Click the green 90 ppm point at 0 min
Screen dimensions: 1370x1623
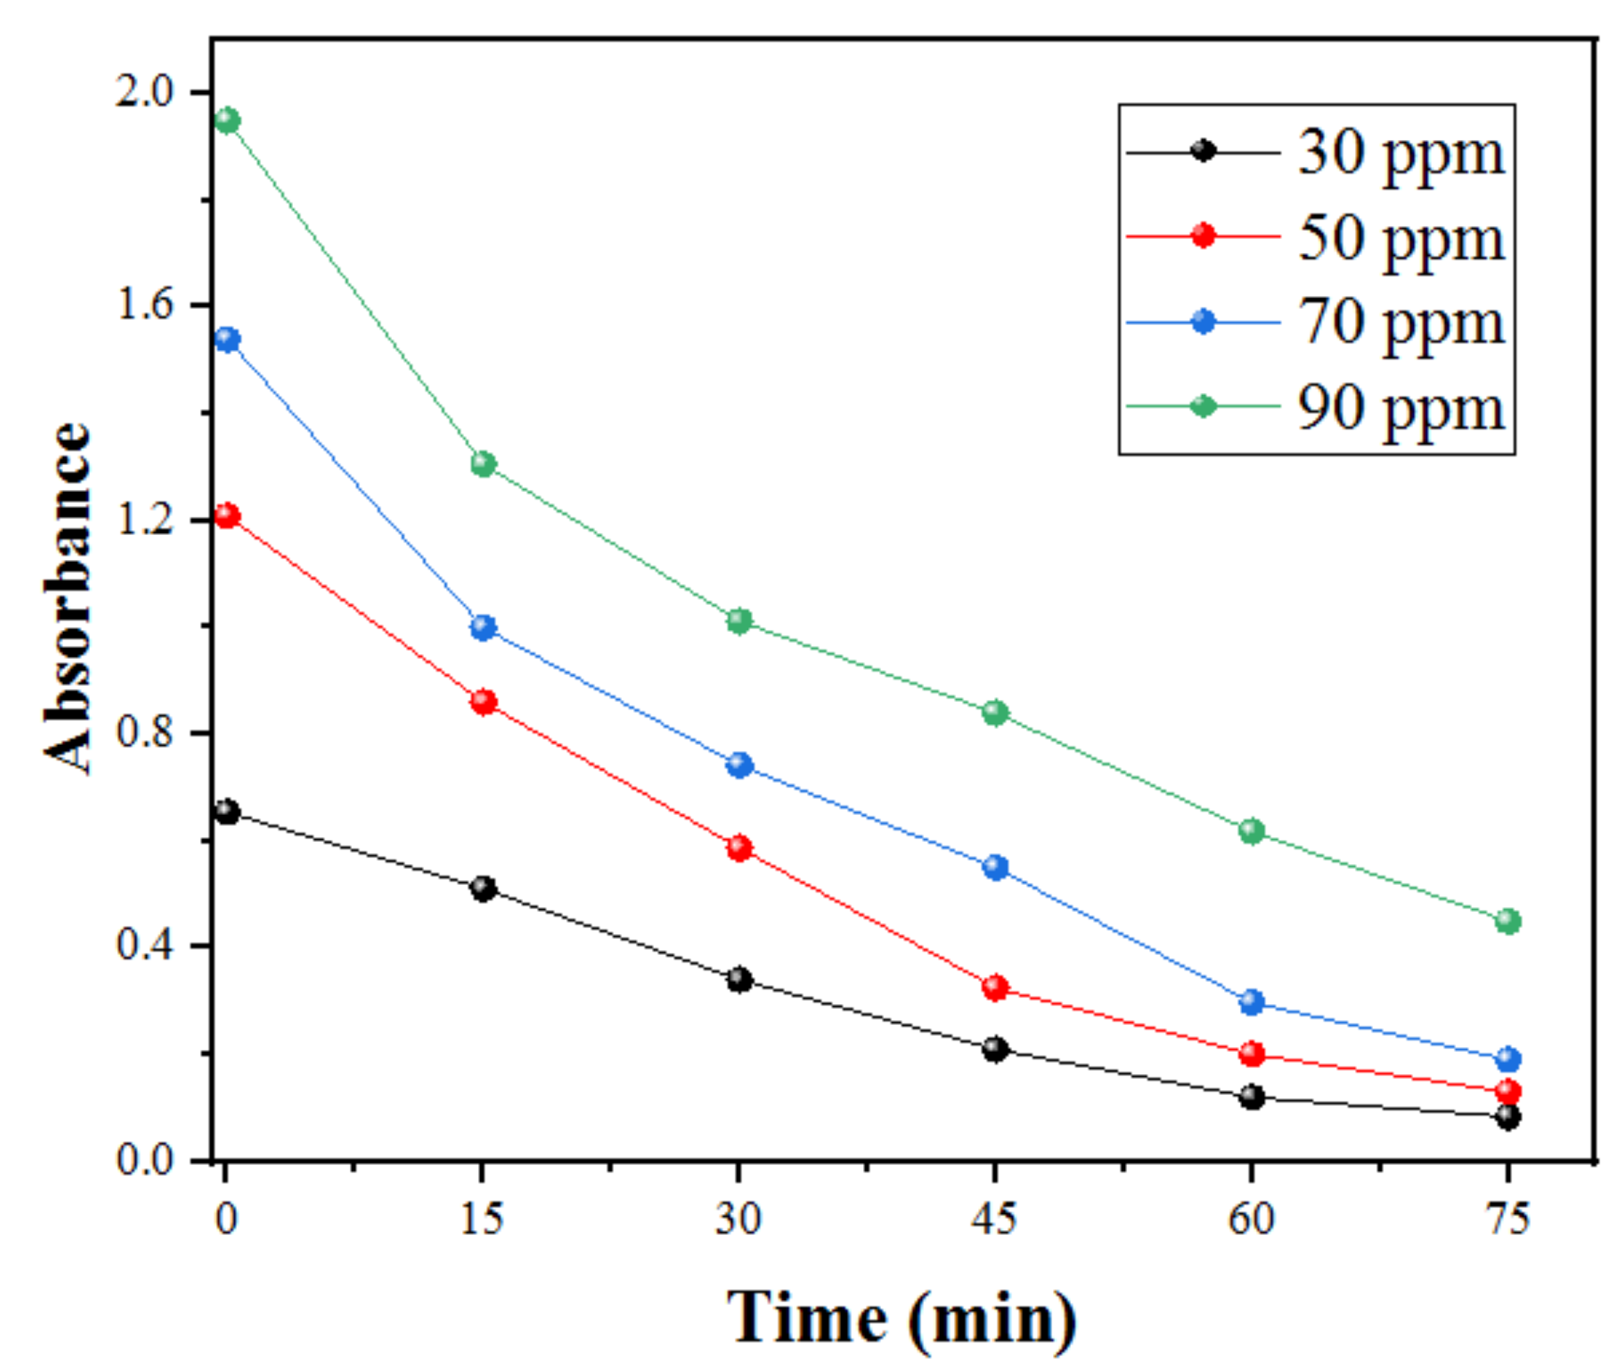[227, 121]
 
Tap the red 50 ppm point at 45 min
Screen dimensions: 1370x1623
[995, 988]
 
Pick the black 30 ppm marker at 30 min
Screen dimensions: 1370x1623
[740, 979]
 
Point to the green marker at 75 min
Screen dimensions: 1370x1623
[1507, 921]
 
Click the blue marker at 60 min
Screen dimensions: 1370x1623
[1251, 1002]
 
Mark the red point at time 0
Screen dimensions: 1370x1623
[227, 516]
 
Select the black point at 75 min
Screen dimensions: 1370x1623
[1507, 1118]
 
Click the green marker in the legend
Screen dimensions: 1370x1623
[1203, 405]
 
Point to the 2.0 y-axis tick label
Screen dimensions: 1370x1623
[143, 91]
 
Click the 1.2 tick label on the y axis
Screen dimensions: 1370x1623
[143, 519]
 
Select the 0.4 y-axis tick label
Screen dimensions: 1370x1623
[143, 945]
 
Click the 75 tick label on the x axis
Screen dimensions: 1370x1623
[1507, 1218]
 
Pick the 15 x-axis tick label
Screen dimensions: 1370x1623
[482, 1218]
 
